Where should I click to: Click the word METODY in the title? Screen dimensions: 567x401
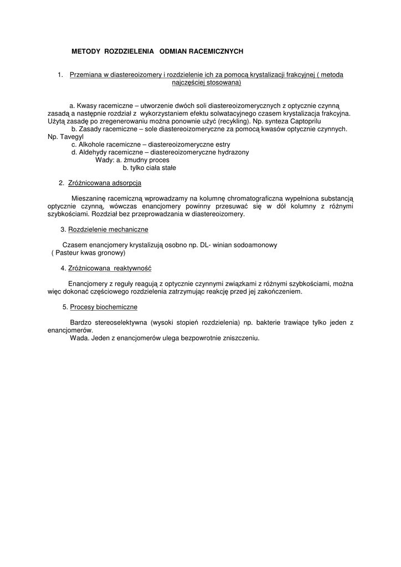(x=86, y=51)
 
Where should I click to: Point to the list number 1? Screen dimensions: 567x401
(x=60, y=74)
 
